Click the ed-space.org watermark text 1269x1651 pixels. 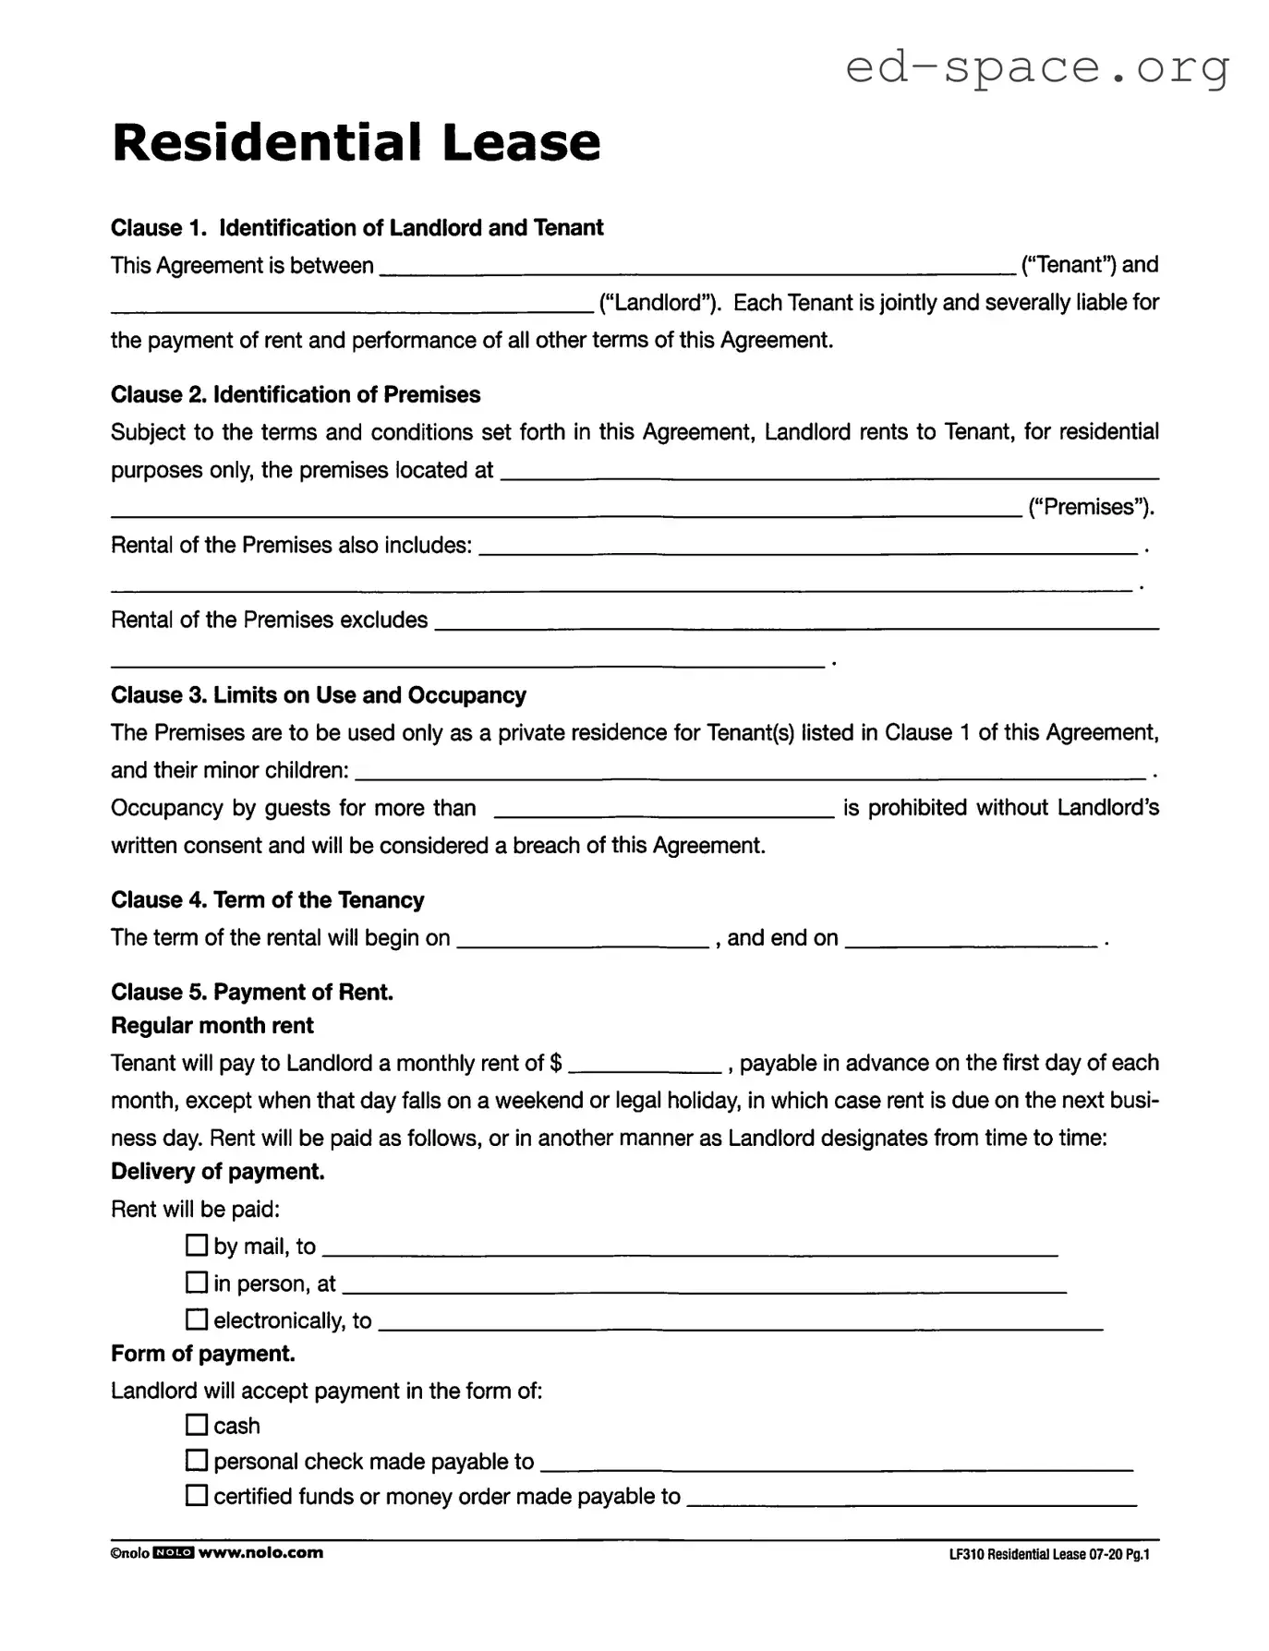click(x=1037, y=67)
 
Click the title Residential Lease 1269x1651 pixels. click(x=356, y=142)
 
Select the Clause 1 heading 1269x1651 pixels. click(x=357, y=228)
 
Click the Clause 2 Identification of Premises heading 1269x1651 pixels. click(x=296, y=395)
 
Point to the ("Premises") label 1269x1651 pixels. click(x=1091, y=507)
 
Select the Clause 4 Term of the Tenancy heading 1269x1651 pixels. click(x=267, y=900)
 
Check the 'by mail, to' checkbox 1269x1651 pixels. click(x=197, y=1246)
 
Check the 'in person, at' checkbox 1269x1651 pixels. click(x=197, y=1283)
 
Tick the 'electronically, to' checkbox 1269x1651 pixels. click(x=197, y=1320)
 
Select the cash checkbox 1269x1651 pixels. click(x=197, y=1425)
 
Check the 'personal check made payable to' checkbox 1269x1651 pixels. click(x=197, y=1461)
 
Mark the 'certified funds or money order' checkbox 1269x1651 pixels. click(x=197, y=1496)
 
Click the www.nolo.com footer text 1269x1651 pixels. click(x=260, y=1553)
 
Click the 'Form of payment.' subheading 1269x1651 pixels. click(x=202, y=1355)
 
